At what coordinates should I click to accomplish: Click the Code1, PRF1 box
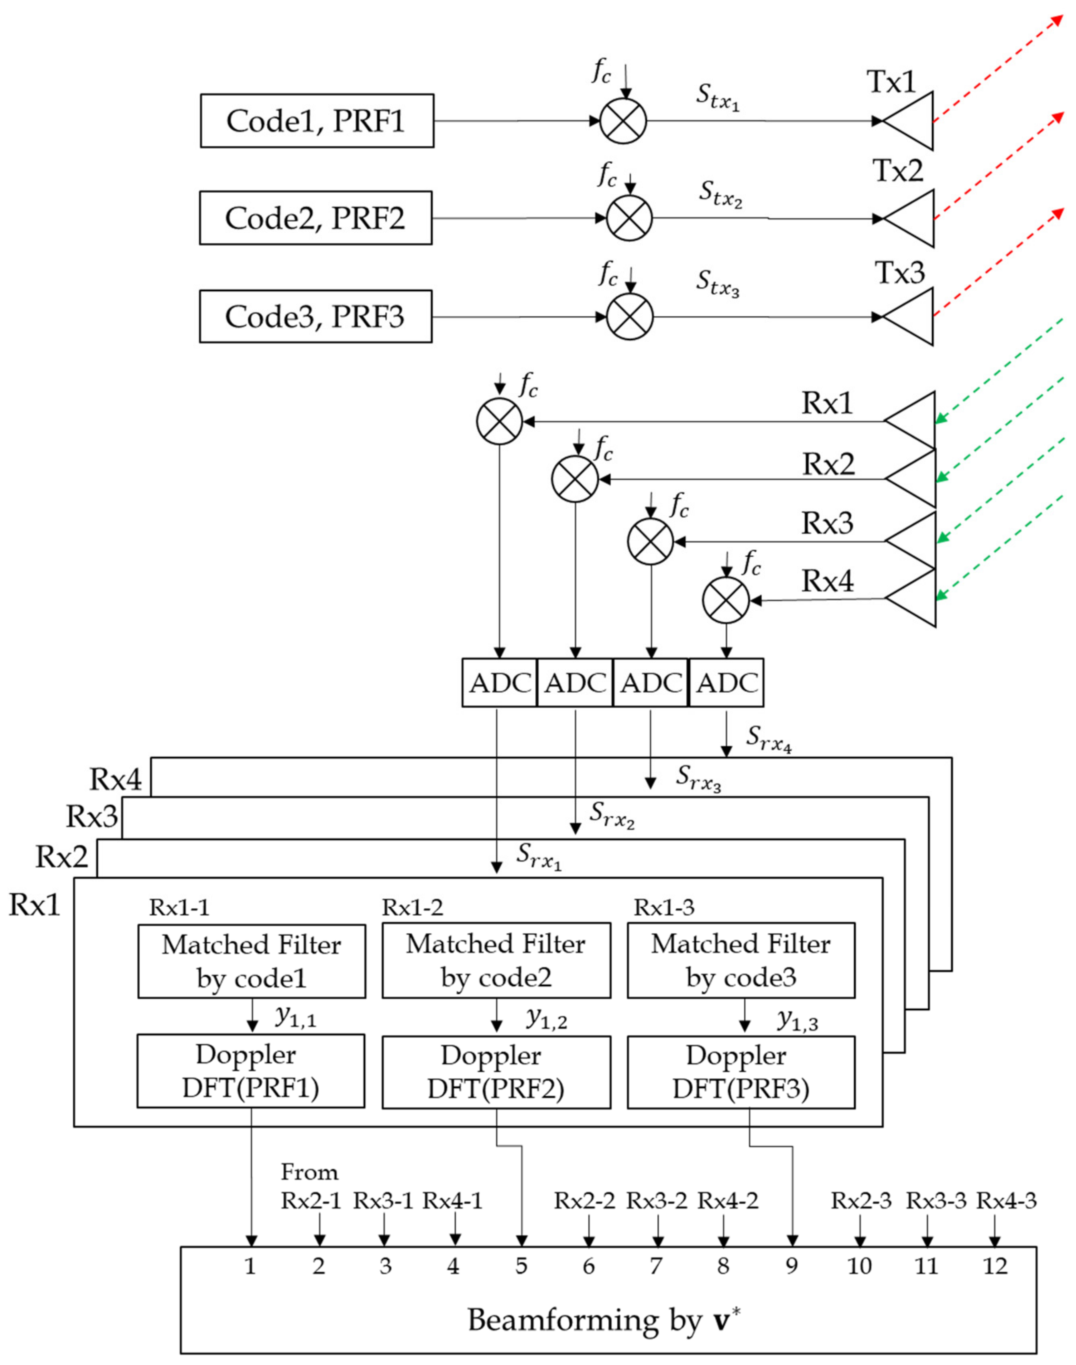pos(317,121)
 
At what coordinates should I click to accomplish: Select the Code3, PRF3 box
pos(315,316)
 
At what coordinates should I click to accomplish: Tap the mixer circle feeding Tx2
pos(629,219)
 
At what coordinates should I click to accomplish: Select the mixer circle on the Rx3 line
pos(651,541)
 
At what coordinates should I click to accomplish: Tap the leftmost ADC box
pos(500,683)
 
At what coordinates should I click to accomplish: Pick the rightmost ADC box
pos(727,683)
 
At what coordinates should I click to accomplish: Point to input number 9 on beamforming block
pos(791,1266)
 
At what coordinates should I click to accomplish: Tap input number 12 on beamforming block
pos(995,1266)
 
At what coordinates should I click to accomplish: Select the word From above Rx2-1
pos(309,1172)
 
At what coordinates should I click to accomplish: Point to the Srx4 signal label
pos(769,737)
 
